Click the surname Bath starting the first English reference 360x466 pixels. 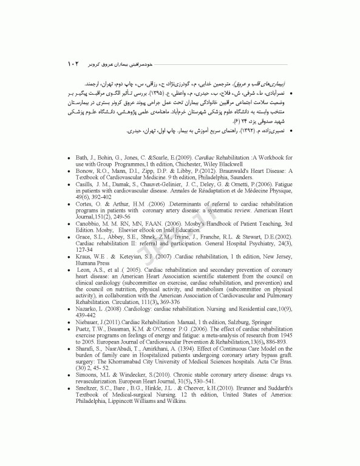tap(83, 157)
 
